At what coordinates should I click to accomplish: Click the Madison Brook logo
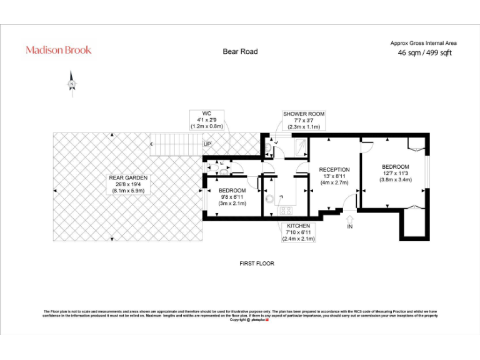(x=58, y=50)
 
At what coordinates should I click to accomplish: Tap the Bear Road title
(x=240, y=51)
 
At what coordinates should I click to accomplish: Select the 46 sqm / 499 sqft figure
(x=424, y=53)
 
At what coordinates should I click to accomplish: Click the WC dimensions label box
(x=206, y=119)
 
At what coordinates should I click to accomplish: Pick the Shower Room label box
(x=304, y=120)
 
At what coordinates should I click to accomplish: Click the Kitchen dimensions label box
(x=299, y=232)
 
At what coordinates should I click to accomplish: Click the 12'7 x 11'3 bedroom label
(x=395, y=173)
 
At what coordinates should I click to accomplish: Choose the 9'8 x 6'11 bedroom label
(x=232, y=196)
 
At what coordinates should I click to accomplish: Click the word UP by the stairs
(x=207, y=144)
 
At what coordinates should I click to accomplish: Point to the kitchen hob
(x=287, y=211)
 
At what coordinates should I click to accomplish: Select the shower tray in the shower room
(x=300, y=146)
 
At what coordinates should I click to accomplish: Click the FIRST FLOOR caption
(x=256, y=264)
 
